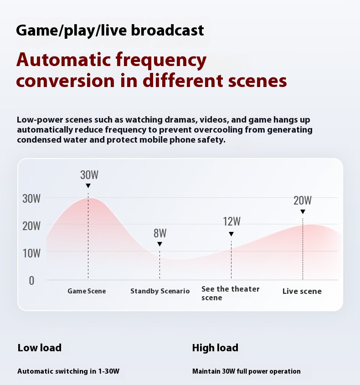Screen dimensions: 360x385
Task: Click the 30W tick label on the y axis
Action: click(31, 198)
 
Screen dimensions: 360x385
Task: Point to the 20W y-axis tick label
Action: click(31, 226)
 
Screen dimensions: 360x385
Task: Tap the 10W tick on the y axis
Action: click(31, 253)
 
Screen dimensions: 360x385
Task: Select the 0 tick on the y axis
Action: click(31, 281)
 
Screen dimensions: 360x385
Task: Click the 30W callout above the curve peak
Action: click(89, 175)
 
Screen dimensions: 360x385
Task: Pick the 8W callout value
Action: click(160, 233)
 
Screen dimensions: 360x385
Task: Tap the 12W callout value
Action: click(232, 221)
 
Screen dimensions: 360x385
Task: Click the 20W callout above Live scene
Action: click(303, 200)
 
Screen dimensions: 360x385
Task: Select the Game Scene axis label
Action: click(87, 291)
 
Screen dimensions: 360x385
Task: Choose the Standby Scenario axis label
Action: click(160, 291)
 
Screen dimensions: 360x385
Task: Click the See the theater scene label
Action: click(230, 293)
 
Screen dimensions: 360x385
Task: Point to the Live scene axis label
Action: click(302, 291)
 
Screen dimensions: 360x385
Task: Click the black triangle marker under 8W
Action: click(159, 244)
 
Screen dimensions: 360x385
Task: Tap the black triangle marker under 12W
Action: click(231, 234)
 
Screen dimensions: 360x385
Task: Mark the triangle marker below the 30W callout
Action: click(88, 186)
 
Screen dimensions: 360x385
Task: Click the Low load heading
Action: click(40, 348)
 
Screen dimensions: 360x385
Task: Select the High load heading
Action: click(215, 348)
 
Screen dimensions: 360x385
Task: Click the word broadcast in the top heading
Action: click(168, 30)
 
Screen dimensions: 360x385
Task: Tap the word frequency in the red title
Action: click(161, 61)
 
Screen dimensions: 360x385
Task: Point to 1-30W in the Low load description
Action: click(109, 371)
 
